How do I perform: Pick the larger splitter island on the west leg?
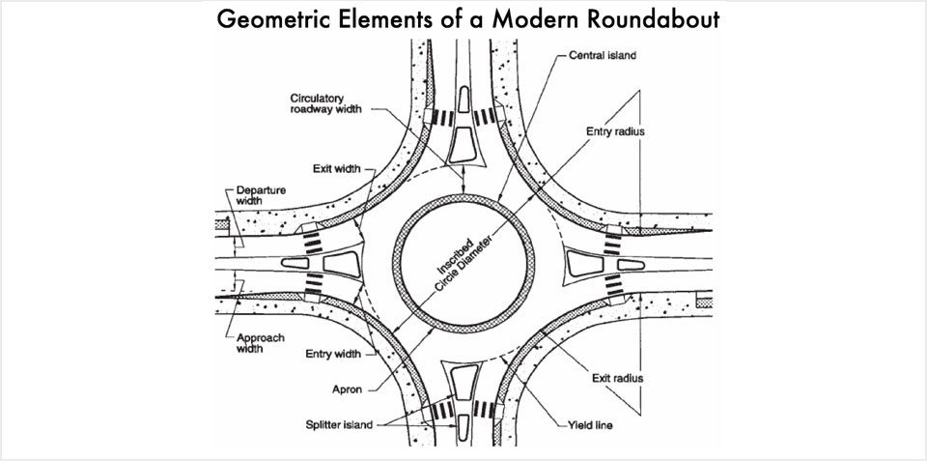tap(341, 262)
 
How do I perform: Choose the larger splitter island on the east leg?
tap(587, 262)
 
